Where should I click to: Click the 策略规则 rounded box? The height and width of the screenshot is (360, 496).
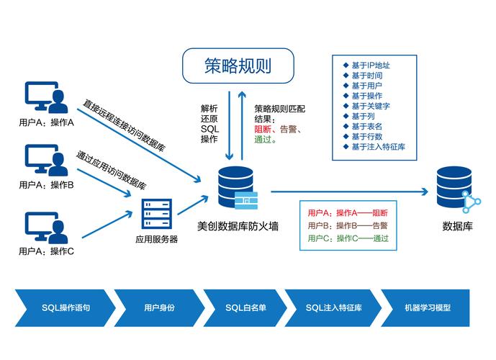(238, 66)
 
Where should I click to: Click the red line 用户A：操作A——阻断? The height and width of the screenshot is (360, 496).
(348, 213)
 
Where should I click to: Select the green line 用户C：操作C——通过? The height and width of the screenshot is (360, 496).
(348, 238)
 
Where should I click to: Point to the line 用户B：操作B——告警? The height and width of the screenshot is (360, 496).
(348, 225)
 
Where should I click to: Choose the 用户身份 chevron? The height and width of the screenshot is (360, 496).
(158, 307)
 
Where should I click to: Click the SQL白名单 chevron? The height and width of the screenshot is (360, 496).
(245, 307)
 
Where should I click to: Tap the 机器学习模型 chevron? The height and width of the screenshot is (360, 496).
(427, 307)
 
